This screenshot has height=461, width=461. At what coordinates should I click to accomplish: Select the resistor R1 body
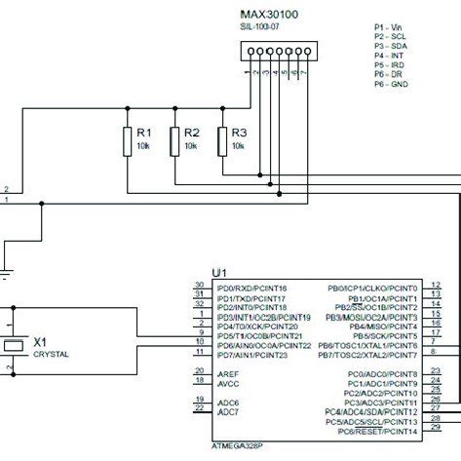(127, 140)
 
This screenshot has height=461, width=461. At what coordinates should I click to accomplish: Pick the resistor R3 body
(223, 140)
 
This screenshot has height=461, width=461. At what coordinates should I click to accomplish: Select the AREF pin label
(228, 374)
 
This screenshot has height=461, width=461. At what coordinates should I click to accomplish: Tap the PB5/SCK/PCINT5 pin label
(382, 336)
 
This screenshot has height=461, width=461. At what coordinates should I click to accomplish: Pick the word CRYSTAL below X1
(52, 356)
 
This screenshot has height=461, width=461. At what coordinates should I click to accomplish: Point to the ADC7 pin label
(228, 412)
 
